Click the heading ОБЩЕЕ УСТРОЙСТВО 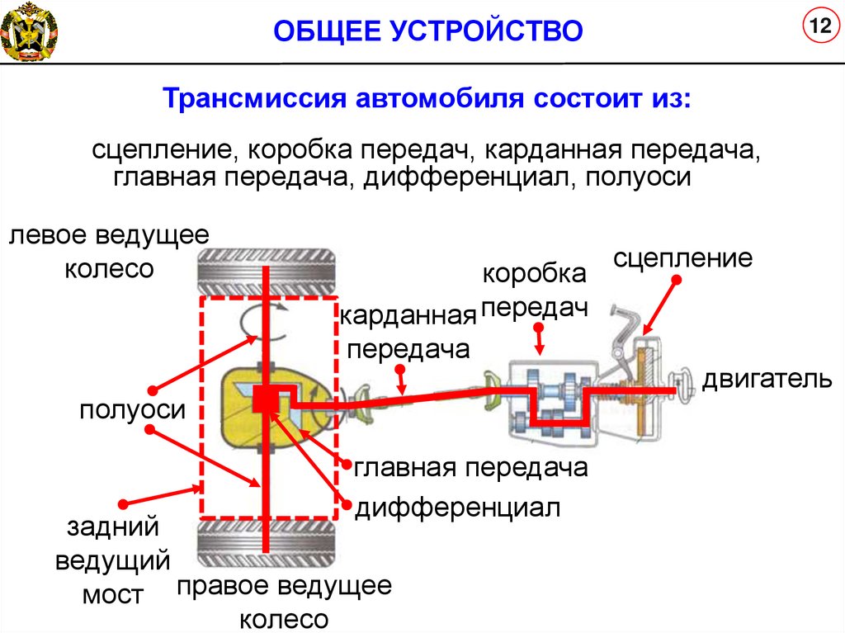click(428, 31)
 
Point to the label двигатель click(767, 380)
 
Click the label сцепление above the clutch click(683, 257)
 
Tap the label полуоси click(132, 410)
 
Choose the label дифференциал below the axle click(458, 508)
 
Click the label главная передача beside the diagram click(471, 468)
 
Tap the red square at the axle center click(266, 399)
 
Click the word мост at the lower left click(113, 594)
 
